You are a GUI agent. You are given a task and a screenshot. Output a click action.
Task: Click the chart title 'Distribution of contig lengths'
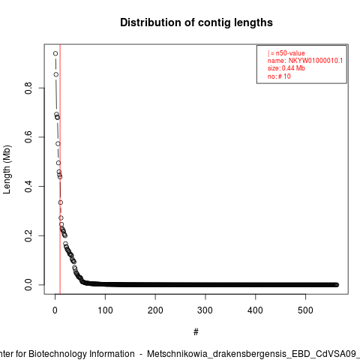tap(196, 22)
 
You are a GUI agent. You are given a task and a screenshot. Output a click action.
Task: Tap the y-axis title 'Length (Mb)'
tap(7, 169)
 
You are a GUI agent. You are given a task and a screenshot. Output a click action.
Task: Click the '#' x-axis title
tap(196, 332)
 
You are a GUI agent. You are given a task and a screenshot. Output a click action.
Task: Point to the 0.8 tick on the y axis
tap(28, 88)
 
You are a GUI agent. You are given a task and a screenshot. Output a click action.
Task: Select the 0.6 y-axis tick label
tap(28, 137)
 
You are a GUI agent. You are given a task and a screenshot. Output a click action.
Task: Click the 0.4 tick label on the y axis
tap(28, 186)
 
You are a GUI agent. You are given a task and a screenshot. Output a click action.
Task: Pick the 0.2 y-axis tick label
tap(28, 235)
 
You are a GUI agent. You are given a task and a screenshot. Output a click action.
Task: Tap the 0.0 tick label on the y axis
tap(28, 285)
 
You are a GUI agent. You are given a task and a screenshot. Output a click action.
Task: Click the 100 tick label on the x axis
tap(105, 310)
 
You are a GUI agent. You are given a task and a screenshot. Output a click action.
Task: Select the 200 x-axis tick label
tap(155, 310)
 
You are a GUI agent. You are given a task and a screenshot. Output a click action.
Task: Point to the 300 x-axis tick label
tap(205, 310)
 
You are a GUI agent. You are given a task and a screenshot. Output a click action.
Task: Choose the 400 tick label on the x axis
tap(255, 310)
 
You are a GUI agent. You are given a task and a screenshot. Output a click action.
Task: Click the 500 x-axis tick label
tap(305, 310)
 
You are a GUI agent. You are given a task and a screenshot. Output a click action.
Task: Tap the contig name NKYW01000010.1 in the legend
tap(316, 61)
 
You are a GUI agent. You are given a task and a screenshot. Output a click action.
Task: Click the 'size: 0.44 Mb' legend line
tap(286, 68)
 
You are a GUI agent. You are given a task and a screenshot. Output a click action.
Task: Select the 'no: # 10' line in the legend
tap(279, 76)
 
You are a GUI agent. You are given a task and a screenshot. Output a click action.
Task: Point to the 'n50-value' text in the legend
tap(290, 53)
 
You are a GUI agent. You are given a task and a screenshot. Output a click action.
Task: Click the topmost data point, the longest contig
tap(55, 53)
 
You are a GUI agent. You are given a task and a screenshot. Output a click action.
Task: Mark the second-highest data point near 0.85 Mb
tap(56, 74)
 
